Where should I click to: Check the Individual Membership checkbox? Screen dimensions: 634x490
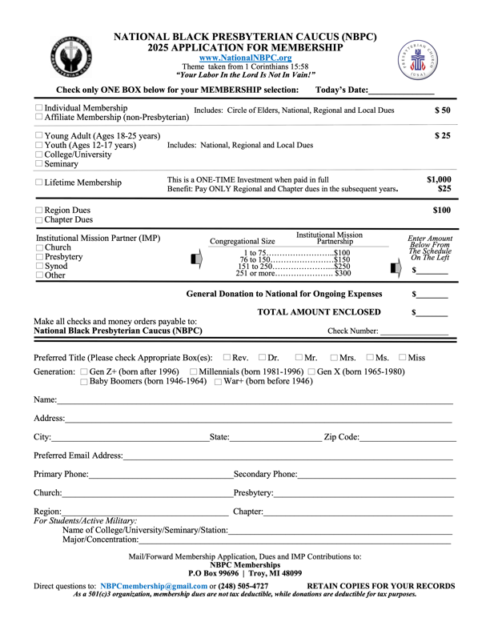click(x=39, y=108)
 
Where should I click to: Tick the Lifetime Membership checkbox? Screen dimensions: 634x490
click(x=39, y=183)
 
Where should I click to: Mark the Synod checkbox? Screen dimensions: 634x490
click(x=39, y=264)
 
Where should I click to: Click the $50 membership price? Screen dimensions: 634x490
click(x=443, y=110)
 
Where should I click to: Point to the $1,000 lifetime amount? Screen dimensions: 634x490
click(x=438, y=179)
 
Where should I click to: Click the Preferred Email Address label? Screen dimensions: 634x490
click(x=78, y=455)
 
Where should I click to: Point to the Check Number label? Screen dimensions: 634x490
click(x=353, y=330)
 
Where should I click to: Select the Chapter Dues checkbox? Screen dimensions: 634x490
click(x=39, y=219)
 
